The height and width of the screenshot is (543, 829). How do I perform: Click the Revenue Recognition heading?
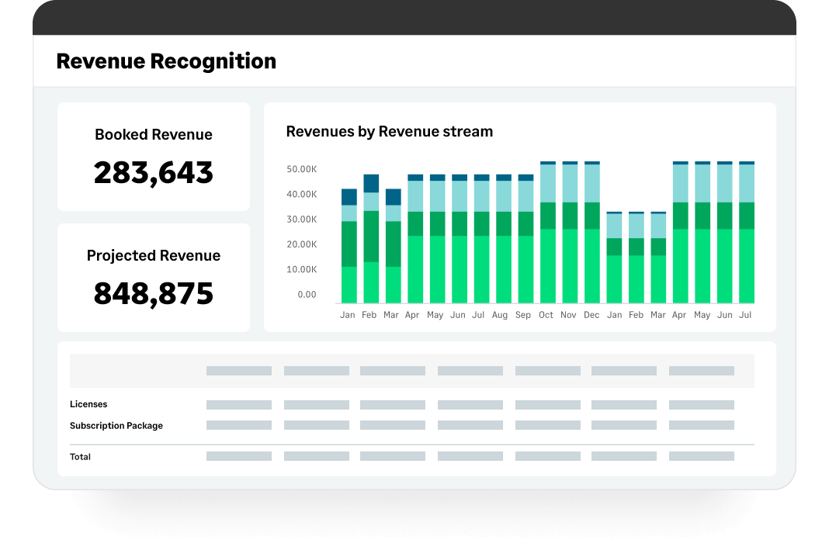[x=166, y=61]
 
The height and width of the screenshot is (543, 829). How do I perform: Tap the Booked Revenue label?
[x=154, y=135]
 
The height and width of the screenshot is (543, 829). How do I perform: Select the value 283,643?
[x=154, y=172]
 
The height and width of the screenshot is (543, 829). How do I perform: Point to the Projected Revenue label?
[x=154, y=256]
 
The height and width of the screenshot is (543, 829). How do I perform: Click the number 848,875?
[x=154, y=293]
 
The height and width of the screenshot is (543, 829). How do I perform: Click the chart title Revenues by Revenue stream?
[x=390, y=132]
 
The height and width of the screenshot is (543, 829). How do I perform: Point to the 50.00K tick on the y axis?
[x=301, y=169]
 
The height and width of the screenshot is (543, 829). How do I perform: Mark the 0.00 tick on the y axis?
[x=307, y=295]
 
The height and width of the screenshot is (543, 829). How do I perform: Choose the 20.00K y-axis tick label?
[x=301, y=244]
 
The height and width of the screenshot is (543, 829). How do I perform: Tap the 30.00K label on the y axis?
[x=301, y=220]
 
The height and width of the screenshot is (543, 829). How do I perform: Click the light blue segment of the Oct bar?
[x=548, y=184]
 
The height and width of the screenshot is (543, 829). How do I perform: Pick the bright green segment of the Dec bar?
[x=592, y=265]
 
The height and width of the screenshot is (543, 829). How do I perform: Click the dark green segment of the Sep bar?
[x=526, y=223]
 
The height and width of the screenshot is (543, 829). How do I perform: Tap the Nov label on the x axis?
[x=569, y=316]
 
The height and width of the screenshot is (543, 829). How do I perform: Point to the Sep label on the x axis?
[x=523, y=316]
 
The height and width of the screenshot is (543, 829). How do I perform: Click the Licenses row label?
[x=88, y=404]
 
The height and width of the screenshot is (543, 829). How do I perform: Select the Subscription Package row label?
[x=116, y=426]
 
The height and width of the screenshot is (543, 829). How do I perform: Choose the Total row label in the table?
[x=80, y=457]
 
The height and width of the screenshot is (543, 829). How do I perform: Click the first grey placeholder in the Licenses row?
[x=239, y=405]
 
